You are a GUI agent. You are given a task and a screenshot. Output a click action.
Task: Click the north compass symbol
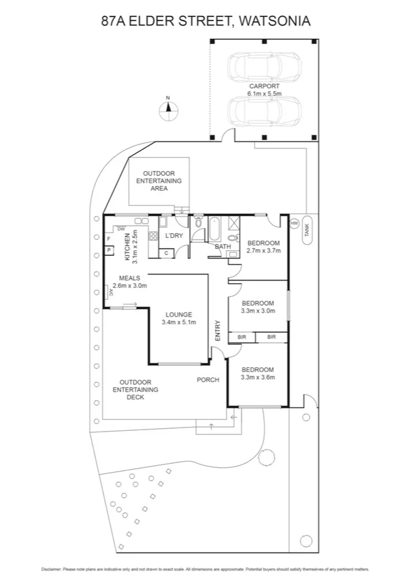[168, 107]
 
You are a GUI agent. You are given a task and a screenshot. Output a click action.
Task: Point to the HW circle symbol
[294, 224]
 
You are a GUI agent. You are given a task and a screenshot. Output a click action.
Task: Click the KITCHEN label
[127, 246]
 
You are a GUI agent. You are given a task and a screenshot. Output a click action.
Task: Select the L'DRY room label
[174, 236]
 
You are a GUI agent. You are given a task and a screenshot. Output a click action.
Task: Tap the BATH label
[222, 246]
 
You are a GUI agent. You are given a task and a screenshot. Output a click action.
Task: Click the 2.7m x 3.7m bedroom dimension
[264, 251]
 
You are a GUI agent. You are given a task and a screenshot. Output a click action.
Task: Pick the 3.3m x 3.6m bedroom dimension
[258, 375]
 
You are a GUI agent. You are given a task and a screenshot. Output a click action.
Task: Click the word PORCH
[208, 380]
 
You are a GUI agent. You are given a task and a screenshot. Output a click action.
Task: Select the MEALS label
[129, 278]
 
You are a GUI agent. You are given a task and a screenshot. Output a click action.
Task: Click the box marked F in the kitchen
[109, 239]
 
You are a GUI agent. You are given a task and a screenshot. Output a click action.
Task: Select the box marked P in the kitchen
[109, 250]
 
